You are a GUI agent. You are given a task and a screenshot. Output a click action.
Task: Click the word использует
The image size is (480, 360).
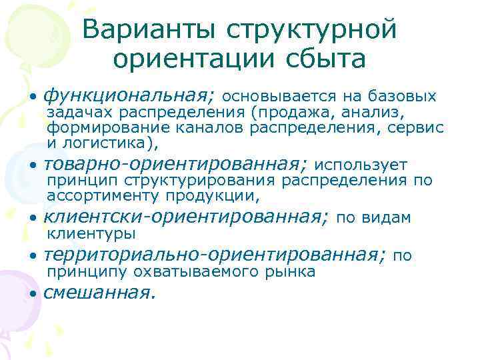(360, 165)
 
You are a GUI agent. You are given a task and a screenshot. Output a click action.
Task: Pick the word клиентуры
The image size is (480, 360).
(91, 234)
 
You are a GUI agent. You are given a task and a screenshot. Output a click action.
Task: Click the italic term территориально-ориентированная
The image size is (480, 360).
(215, 255)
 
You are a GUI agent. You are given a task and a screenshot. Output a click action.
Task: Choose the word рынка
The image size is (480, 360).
(292, 272)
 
